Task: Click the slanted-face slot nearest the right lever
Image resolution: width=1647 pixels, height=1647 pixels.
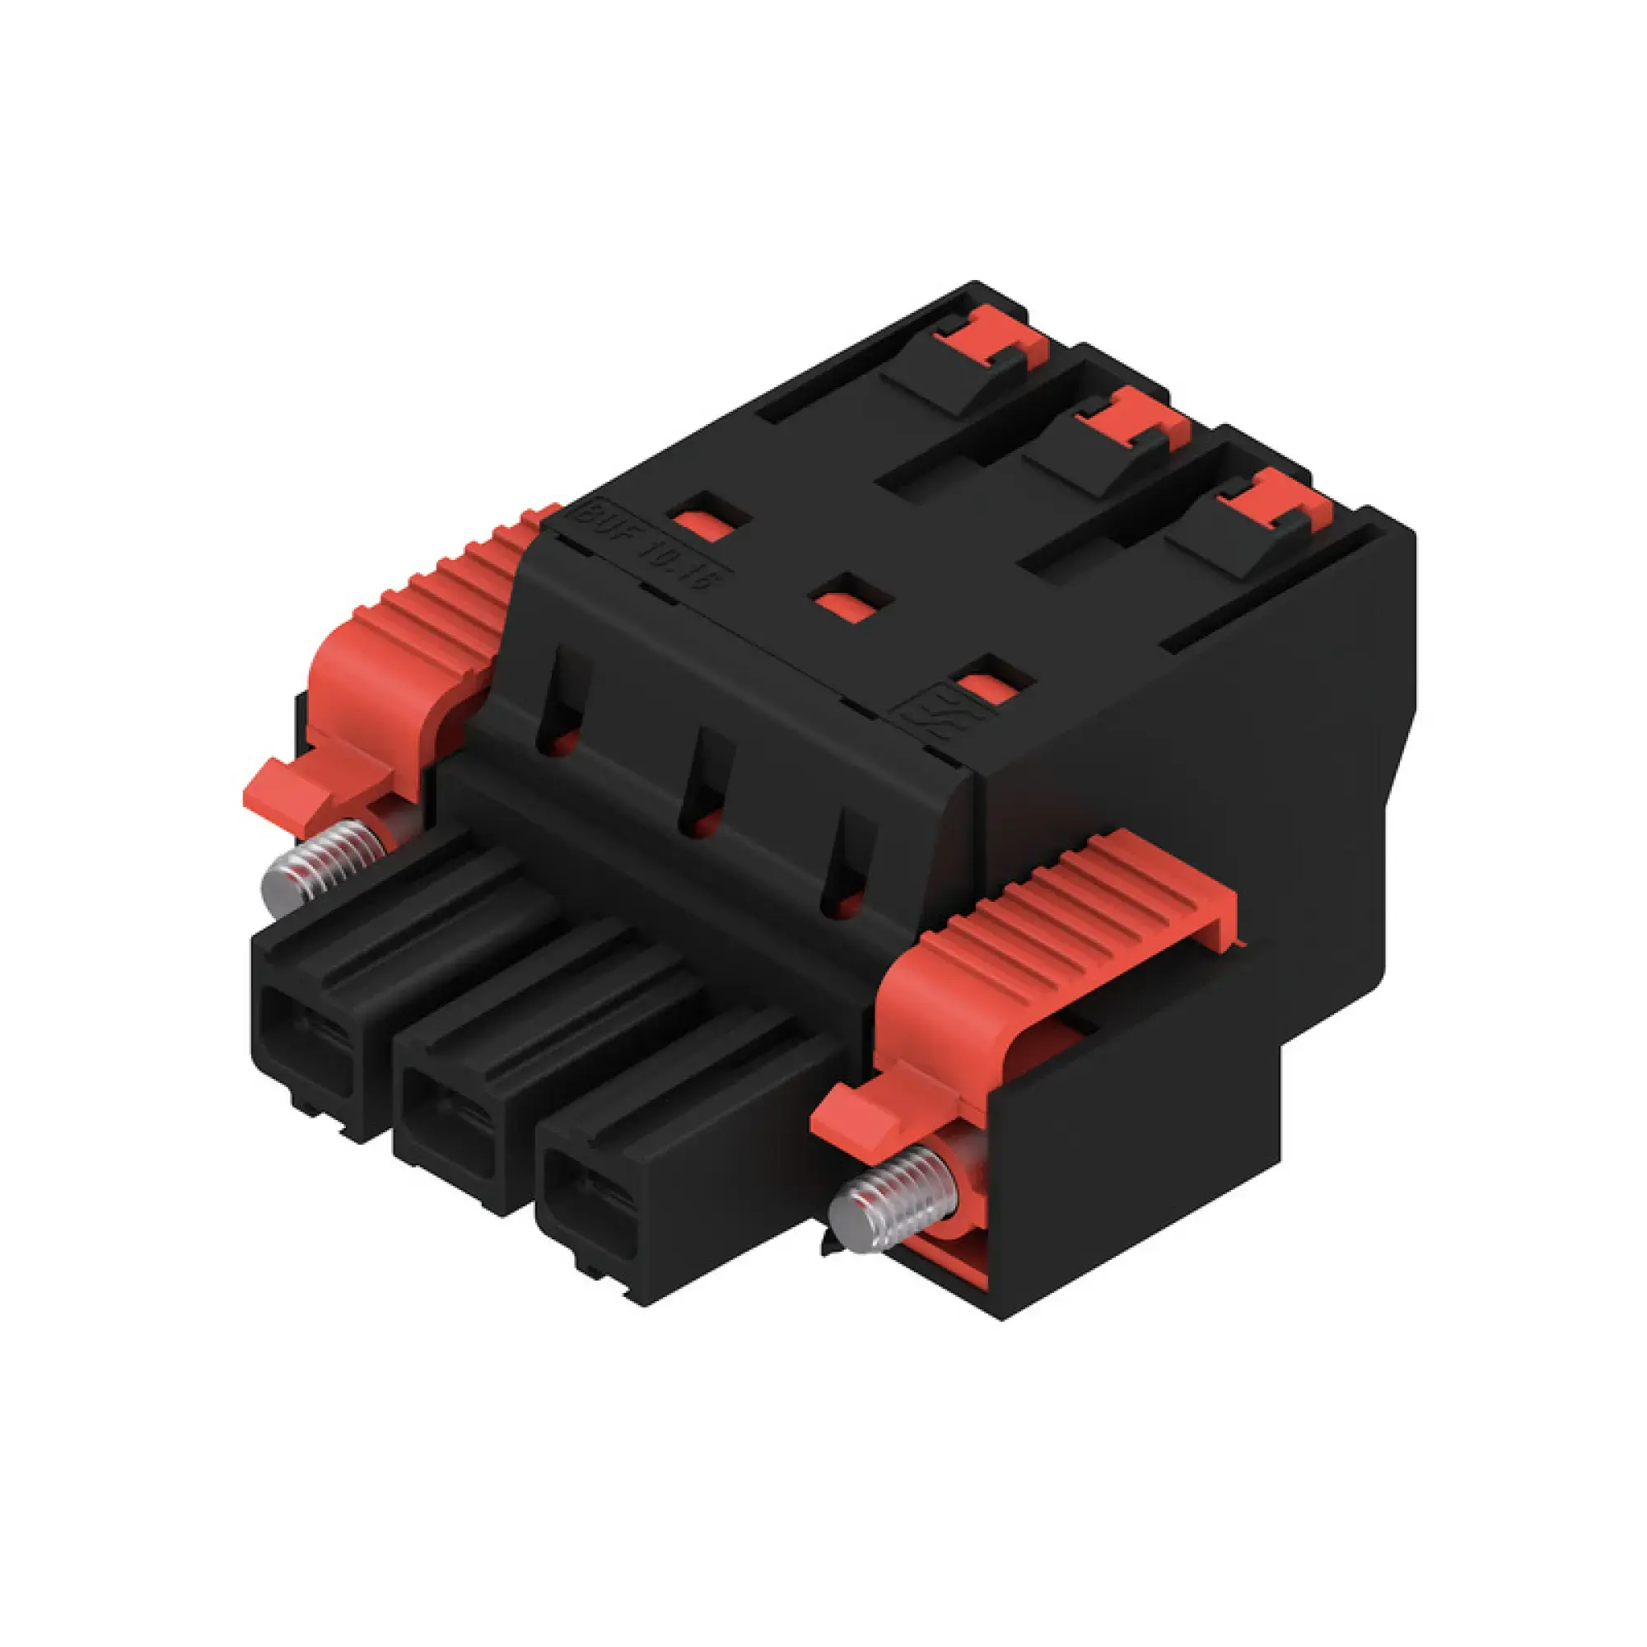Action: (x=848, y=861)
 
